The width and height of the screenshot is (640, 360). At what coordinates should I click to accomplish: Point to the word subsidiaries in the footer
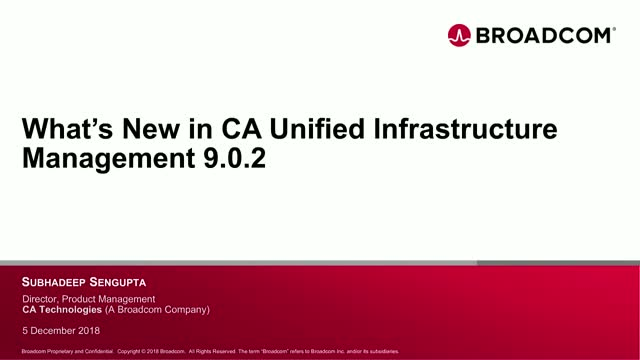380,352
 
